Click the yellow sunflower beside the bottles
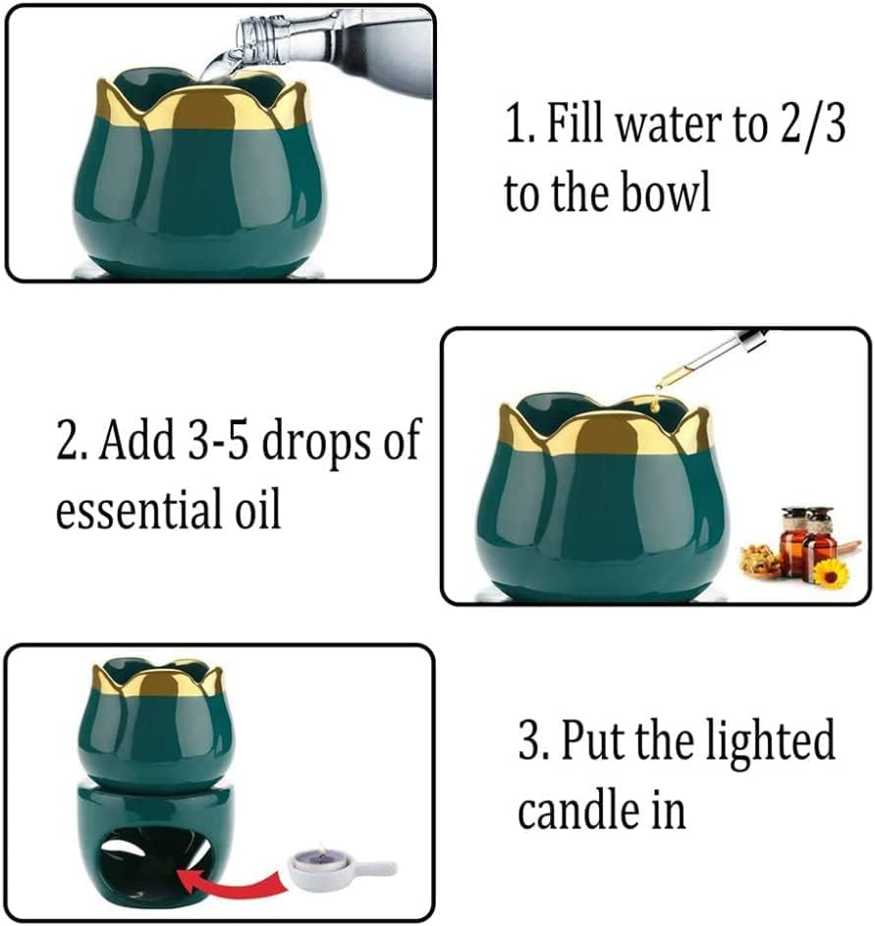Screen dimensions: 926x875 pyautogui.click(x=831, y=572)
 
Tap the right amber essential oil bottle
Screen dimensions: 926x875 pyautogui.click(x=818, y=545)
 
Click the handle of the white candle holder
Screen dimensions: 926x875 pyautogui.click(x=377, y=868)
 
